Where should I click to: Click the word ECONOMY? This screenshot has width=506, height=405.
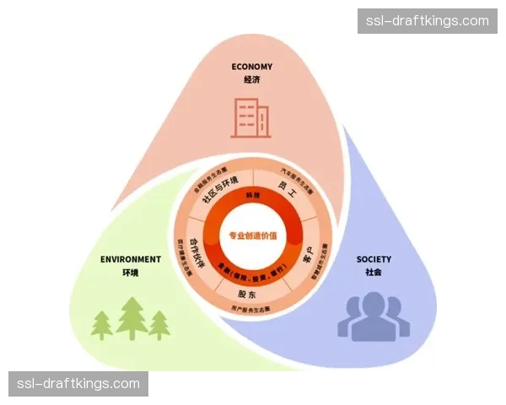[x=252, y=67]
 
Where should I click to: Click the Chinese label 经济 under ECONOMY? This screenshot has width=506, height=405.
[x=252, y=80]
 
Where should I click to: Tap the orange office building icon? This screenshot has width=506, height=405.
[x=252, y=117]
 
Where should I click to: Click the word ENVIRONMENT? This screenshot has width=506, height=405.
[x=130, y=259]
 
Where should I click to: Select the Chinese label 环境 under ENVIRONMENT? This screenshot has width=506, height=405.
[x=130, y=273]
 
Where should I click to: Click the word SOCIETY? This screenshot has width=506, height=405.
[x=373, y=259]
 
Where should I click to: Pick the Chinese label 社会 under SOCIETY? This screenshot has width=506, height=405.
[x=373, y=273]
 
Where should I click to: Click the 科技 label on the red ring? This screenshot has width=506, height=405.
[x=253, y=196]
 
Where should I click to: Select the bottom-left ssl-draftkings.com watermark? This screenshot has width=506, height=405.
[x=78, y=384]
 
